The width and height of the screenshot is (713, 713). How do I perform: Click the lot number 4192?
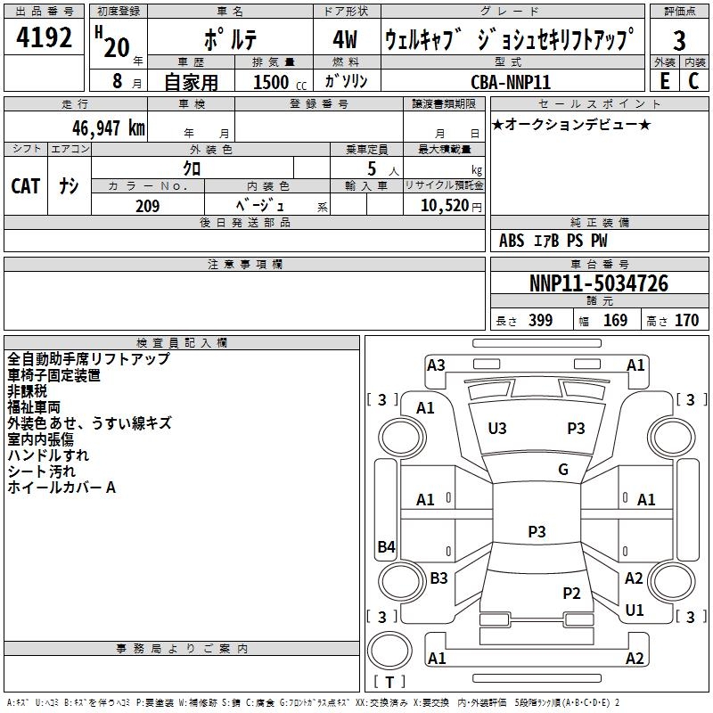(44, 38)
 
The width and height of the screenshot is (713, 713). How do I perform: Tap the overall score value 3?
(679, 40)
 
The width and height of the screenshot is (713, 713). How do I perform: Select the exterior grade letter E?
(664, 80)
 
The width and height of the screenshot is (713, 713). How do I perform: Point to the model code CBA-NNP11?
(511, 81)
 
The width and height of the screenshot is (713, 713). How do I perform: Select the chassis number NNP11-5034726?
(598, 284)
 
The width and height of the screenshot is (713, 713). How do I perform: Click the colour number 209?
(147, 206)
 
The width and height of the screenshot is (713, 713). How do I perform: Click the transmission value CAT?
(25, 186)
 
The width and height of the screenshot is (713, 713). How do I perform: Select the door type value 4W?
(345, 40)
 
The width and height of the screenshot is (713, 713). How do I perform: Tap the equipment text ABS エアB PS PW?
(553, 241)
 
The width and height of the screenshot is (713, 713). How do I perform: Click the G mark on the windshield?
(563, 470)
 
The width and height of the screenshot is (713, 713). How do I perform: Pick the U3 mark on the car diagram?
(497, 429)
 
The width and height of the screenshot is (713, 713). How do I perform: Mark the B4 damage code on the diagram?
(386, 547)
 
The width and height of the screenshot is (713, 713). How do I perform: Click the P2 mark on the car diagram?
(572, 594)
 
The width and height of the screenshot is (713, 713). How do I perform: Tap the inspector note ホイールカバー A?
(61, 488)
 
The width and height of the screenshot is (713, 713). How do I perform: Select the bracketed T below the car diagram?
(390, 683)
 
